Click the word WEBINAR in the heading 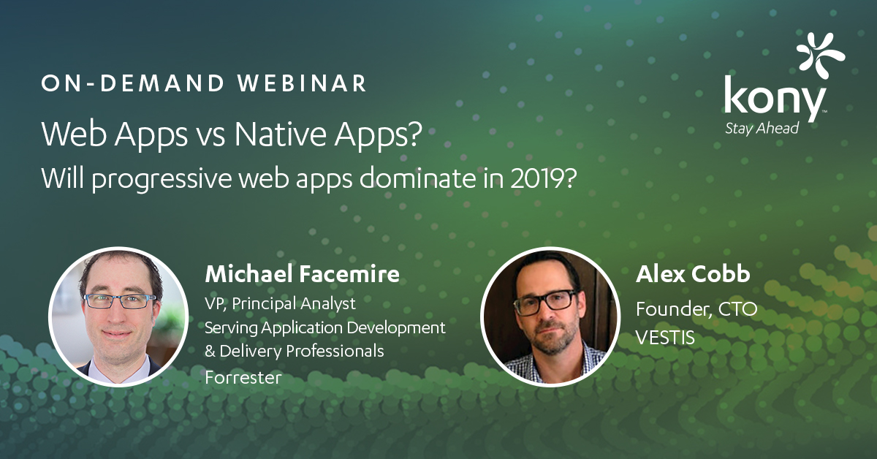coord(302,83)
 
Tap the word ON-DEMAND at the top coord(133,83)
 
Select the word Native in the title coord(281,134)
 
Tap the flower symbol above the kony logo coord(821,56)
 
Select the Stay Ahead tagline coord(762,129)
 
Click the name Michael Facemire coord(303,273)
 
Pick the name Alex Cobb coord(693,273)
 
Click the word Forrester coord(243,378)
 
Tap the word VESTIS coord(665,337)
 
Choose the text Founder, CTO coord(696,309)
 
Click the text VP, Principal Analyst coord(281,303)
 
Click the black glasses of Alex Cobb coord(546,302)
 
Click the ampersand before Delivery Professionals coord(210,351)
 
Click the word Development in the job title coord(396,327)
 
